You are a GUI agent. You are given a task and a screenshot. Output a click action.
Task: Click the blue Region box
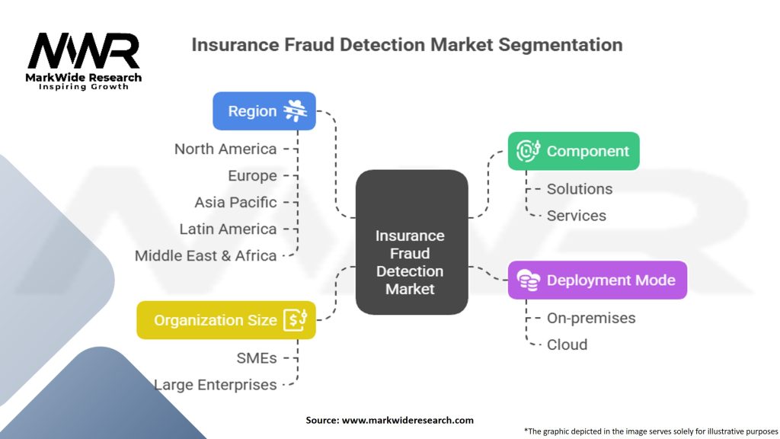(264, 111)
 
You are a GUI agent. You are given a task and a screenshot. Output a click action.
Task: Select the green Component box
(574, 151)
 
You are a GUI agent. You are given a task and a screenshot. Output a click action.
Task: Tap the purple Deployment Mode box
(597, 280)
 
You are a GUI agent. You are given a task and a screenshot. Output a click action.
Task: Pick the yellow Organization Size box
(226, 320)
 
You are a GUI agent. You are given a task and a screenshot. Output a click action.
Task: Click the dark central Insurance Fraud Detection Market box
(412, 242)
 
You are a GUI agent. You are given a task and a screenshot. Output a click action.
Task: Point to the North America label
(225, 149)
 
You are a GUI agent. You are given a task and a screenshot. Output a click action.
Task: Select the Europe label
(252, 176)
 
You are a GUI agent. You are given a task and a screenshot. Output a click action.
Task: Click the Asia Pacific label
(236, 202)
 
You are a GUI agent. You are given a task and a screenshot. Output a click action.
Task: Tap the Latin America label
(229, 229)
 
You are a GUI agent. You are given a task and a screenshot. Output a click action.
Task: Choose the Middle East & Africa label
(206, 256)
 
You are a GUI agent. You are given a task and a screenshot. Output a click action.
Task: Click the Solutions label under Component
(580, 189)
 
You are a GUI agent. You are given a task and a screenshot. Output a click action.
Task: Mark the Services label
(577, 216)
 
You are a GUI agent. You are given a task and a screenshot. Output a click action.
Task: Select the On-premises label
(591, 318)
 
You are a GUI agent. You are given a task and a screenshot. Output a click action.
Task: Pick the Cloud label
(567, 344)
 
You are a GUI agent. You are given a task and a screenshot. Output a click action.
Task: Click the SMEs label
(257, 358)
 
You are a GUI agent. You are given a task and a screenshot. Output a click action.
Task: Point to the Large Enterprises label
(216, 385)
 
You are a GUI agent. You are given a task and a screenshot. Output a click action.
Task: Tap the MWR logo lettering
(84, 50)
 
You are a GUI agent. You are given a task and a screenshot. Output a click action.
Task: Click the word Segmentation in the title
(561, 45)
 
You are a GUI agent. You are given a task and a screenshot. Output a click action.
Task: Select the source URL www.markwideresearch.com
(408, 420)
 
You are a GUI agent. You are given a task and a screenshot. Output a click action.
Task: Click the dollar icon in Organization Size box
(296, 320)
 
